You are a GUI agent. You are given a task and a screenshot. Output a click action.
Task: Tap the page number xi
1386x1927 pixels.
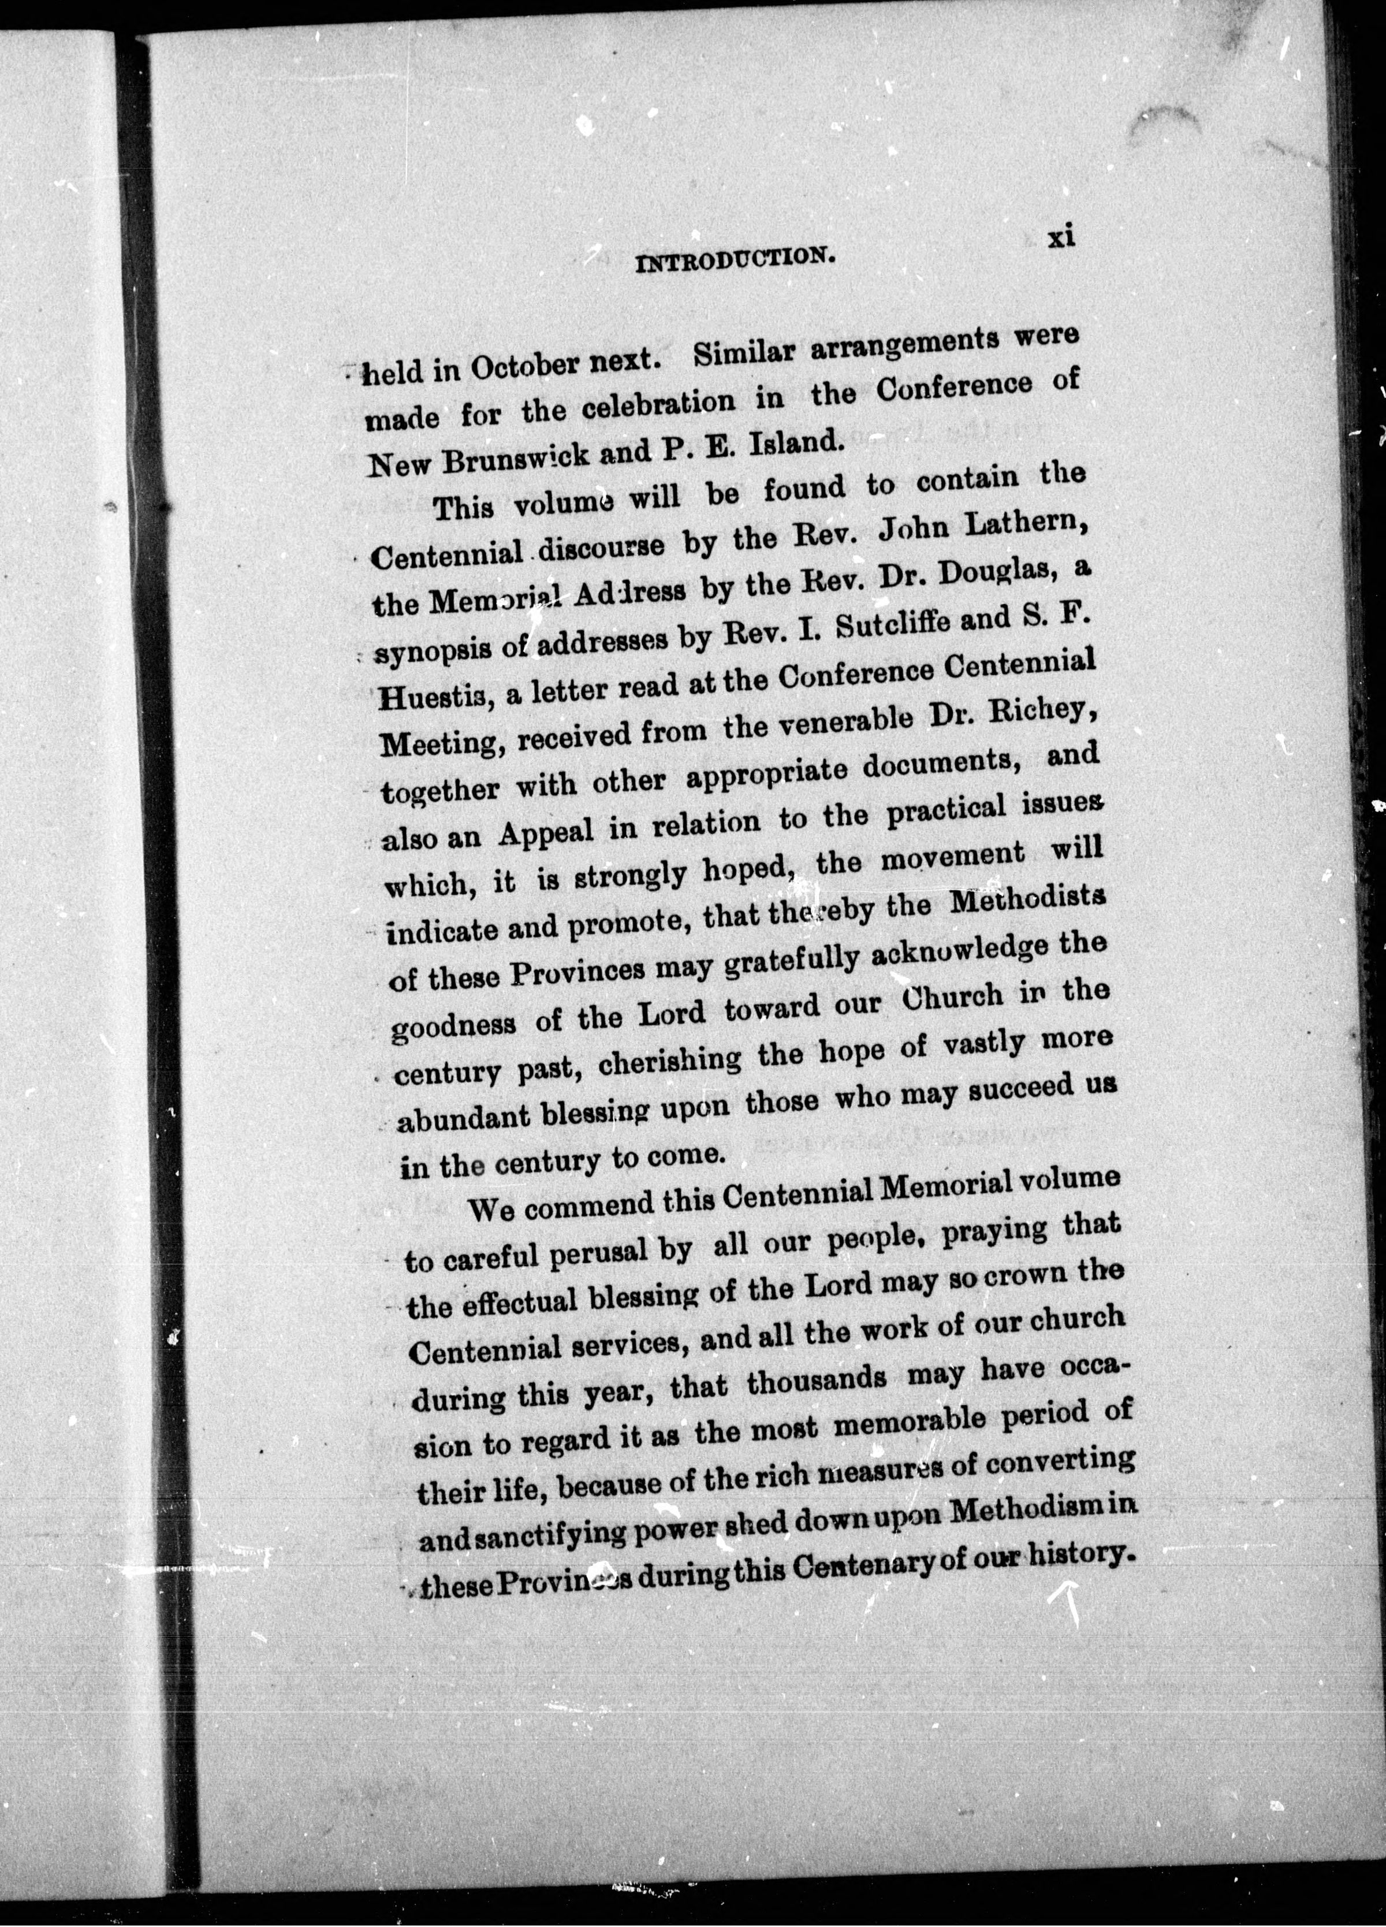[x=1061, y=236]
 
